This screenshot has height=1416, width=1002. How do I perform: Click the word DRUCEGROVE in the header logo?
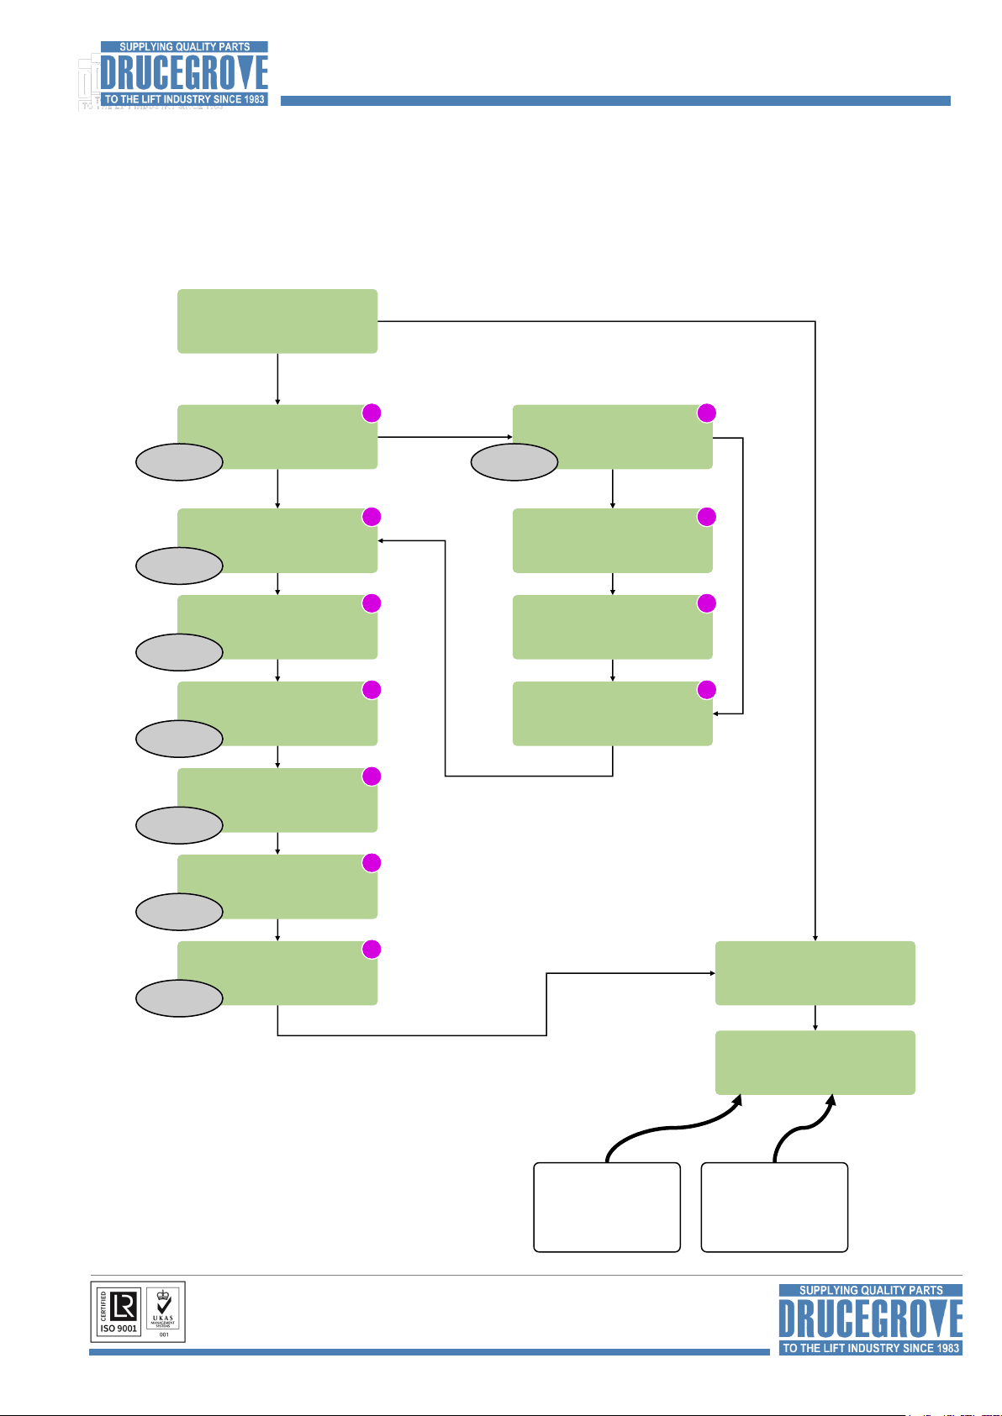click(184, 74)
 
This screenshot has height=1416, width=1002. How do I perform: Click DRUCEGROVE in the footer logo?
click(870, 1319)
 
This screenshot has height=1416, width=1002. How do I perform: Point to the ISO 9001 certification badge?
click(119, 1311)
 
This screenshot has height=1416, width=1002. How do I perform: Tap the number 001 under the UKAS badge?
click(164, 1334)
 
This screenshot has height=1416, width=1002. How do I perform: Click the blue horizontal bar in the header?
click(614, 101)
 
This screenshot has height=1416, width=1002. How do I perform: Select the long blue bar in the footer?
click(429, 1351)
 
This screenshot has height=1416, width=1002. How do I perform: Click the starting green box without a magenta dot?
click(277, 321)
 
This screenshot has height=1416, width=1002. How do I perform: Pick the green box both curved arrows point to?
click(815, 1062)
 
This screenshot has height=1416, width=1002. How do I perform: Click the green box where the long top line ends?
click(815, 973)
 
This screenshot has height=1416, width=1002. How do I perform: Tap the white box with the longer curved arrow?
click(606, 1208)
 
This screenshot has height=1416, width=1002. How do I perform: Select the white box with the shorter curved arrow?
click(773, 1208)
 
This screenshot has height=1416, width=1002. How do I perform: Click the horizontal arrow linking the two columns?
click(445, 437)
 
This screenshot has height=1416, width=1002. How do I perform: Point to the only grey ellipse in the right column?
click(514, 462)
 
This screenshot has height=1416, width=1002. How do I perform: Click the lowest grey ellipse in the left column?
click(179, 998)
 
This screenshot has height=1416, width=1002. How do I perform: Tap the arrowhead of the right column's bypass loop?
click(716, 713)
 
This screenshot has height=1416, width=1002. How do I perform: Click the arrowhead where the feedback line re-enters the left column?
click(381, 540)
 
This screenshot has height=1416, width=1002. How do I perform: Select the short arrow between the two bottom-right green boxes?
click(815, 1018)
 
